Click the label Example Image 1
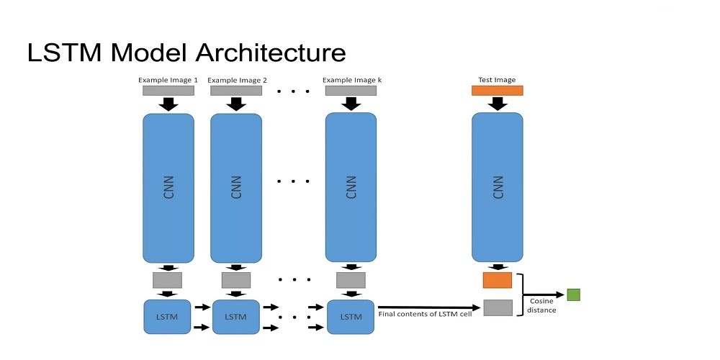168,80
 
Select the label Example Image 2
237,80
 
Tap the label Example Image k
351,80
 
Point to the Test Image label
497,80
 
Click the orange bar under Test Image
497,91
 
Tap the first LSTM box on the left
167,316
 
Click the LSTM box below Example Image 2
235,316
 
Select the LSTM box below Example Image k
351,316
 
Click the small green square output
573,294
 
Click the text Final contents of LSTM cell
425,314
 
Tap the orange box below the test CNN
497,280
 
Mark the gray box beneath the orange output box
498,307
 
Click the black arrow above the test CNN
497,104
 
